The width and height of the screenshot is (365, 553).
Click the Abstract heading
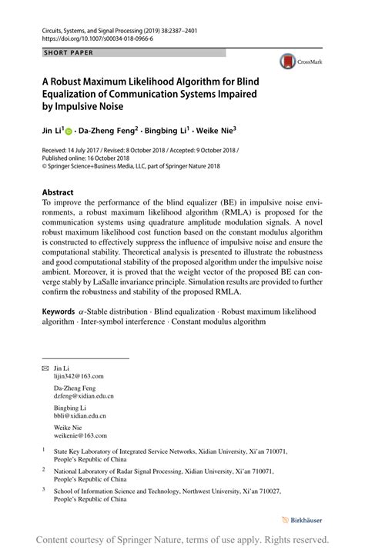58,192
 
